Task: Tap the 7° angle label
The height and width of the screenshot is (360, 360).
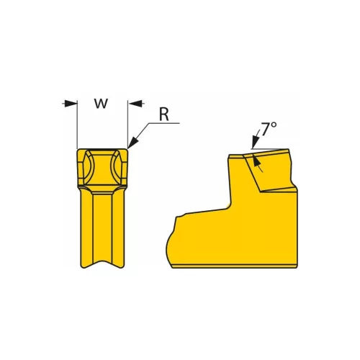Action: click(269, 130)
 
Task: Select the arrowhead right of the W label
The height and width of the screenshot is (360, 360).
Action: click(135, 104)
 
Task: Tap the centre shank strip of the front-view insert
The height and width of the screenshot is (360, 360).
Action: click(102, 223)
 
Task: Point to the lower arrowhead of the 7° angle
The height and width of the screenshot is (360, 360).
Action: click(260, 167)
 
